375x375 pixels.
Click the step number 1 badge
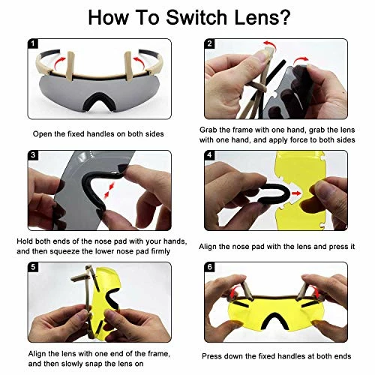(x=33, y=43)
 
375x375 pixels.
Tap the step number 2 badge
(x=209, y=43)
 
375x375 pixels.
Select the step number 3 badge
(x=33, y=155)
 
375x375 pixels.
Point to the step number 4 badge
(x=209, y=155)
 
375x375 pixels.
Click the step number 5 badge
(x=33, y=267)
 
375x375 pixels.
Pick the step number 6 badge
(x=209, y=267)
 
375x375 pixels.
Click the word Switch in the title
(x=196, y=17)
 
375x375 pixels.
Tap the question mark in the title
(x=284, y=17)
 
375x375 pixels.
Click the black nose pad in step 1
(x=99, y=100)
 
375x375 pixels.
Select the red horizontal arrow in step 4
(x=296, y=193)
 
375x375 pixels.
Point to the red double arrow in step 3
(x=109, y=190)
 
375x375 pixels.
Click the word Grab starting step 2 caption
(x=208, y=130)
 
